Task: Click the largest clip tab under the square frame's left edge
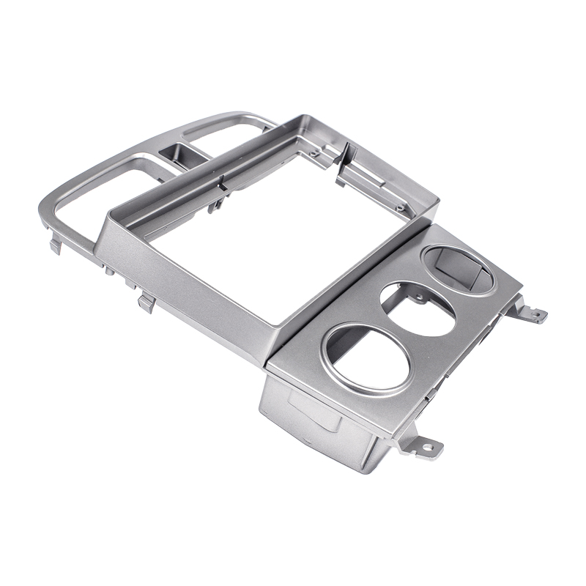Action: [146, 301]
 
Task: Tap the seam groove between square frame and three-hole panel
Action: [344, 293]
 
